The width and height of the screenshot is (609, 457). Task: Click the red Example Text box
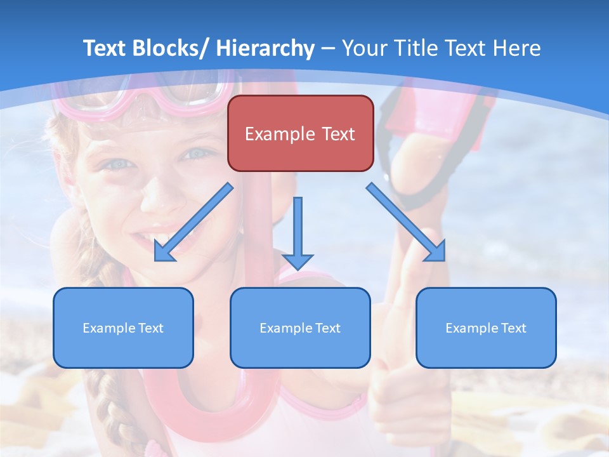click(300, 133)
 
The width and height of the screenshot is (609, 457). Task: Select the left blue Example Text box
click(123, 328)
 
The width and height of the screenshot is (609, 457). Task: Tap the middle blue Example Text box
click(300, 328)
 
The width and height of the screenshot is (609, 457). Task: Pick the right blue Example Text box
click(486, 328)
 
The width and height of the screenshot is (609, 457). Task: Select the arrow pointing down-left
click(193, 223)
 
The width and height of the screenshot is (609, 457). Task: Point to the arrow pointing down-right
click(406, 222)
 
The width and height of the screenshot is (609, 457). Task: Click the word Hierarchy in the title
click(265, 48)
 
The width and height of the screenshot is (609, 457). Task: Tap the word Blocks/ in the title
click(171, 48)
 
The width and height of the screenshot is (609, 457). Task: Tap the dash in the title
click(328, 49)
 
